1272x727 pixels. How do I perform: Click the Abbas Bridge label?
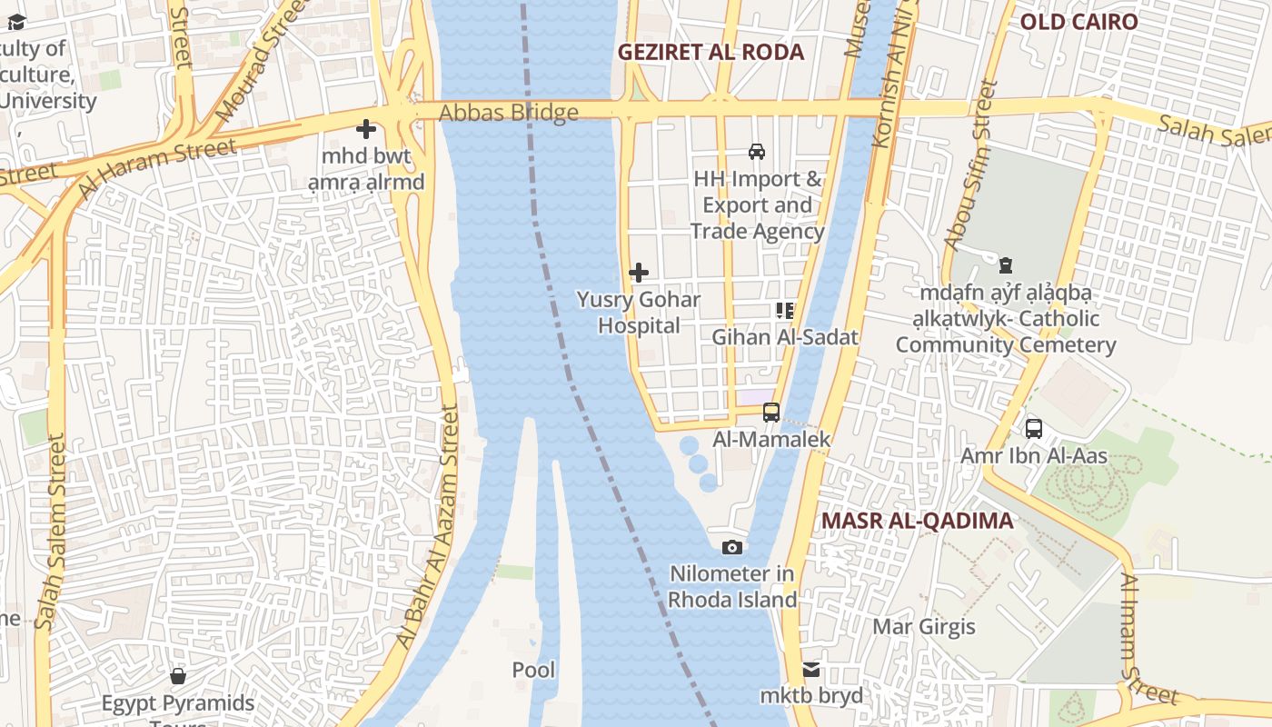point(509,113)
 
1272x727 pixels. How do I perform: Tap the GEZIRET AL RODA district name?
point(711,52)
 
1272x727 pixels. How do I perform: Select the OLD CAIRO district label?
point(1078,22)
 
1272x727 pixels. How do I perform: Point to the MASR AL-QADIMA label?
point(917,521)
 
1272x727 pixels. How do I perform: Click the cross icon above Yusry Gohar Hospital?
point(639,272)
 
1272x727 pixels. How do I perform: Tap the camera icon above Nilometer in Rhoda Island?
point(731,547)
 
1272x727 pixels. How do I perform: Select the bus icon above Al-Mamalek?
point(771,412)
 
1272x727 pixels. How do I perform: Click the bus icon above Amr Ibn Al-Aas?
point(1033,428)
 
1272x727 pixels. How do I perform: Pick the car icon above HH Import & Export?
point(756,151)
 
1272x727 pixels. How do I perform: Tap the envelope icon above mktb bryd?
point(811,670)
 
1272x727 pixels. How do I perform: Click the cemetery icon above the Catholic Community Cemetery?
point(1005,265)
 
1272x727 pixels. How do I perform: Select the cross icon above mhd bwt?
point(366,129)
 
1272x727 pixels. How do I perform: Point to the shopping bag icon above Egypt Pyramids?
point(178,676)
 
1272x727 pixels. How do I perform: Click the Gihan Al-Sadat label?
point(784,337)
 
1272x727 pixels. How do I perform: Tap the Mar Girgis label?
point(923,626)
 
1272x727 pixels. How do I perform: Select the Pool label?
point(533,670)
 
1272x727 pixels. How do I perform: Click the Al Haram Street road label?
point(156,168)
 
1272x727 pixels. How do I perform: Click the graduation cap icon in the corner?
point(16,22)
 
